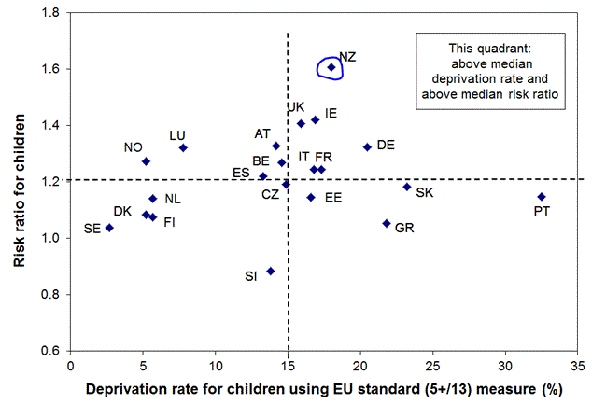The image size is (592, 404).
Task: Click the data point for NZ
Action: [x=331, y=67]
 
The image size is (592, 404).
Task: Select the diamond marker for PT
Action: [x=542, y=197]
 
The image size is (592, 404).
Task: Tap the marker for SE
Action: [x=109, y=228]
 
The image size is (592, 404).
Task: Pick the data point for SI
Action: [x=271, y=272]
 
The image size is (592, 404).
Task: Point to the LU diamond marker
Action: [x=184, y=147]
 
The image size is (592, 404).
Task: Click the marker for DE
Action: [x=367, y=147]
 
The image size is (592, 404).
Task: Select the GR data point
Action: [x=387, y=223]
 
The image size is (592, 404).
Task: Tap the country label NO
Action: [x=133, y=147]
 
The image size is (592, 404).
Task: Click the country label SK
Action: [x=424, y=193]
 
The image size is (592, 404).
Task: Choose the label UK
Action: [x=296, y=107]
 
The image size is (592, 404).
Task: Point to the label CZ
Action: [x=270, y=194]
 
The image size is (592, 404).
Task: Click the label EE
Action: [x=332, y=198]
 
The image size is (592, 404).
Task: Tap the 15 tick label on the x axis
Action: [x=288, y=367]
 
